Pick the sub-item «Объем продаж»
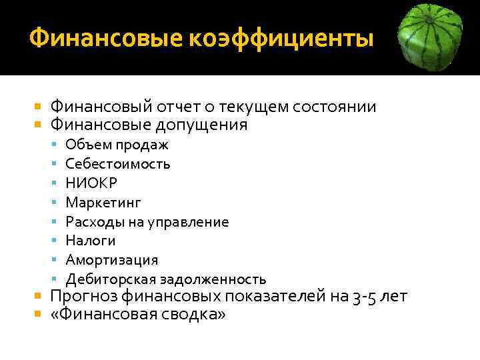pyautogui.click(x=117, y=145)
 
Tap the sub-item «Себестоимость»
pyautogui.click(x=118, y=163)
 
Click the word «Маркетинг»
pyautogui.click(x=103, y=202)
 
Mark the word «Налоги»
pyautogui.click(x=91, y=241)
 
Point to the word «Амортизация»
pyautogui.click(x=112, y=260)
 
